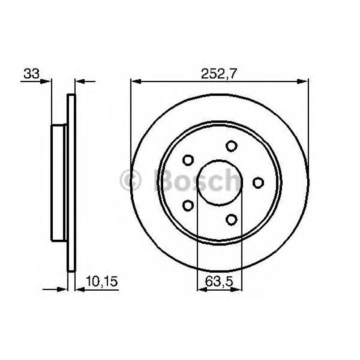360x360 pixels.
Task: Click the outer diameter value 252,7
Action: coord(218,74)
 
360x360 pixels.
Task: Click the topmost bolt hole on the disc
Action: coord(231,146)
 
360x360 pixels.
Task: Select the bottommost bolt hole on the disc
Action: coord(231,219)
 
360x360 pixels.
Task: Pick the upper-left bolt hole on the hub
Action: coord(188,160)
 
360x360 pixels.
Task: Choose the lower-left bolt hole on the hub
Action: coord(188,205)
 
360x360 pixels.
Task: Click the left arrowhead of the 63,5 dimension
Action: coord(202,289)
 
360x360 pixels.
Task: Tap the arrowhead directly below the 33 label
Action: coord(47,81)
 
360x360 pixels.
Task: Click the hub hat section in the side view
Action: coord(58,182)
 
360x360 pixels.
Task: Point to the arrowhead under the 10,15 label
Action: coord(80,289)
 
